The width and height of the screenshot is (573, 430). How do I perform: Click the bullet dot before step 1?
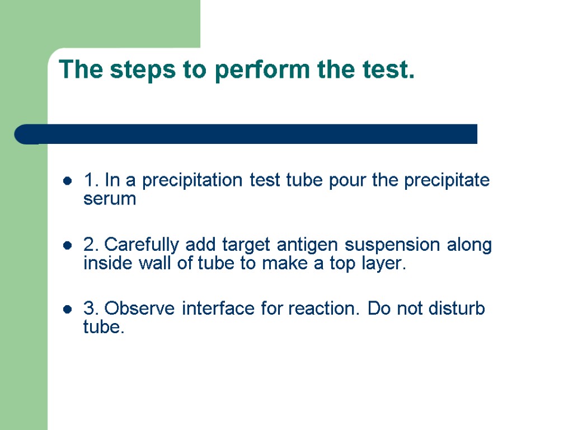pyautogui.click(x=67, y=181)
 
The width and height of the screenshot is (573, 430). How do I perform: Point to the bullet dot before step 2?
pyautogui.click(x=67, y=245)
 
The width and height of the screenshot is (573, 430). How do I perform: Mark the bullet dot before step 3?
pyautogui.click(x=67, y=309)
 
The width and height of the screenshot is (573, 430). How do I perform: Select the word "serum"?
pyautogui.click(x=110, y=200)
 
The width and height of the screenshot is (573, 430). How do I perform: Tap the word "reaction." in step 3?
pyautogui.click(x=325, y=309)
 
